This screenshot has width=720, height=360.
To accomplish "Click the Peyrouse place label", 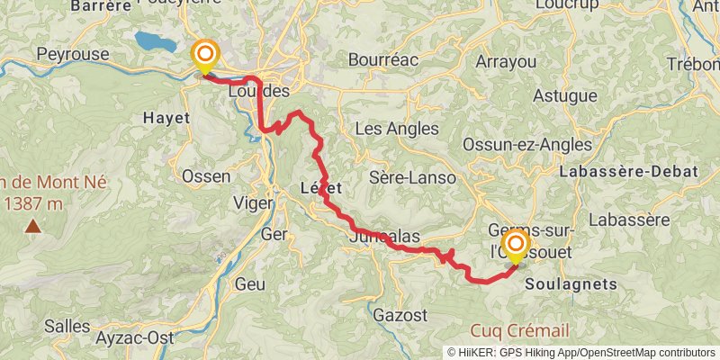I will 72,55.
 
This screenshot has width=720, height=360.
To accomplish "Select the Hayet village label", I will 166,118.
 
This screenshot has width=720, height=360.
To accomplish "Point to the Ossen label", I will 206,176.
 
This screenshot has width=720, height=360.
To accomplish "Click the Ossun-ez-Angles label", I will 526,145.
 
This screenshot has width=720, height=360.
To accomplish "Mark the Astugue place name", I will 564,96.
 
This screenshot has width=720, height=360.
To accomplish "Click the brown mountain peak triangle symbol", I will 32,227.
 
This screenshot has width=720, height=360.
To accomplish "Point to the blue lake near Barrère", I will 156,40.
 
